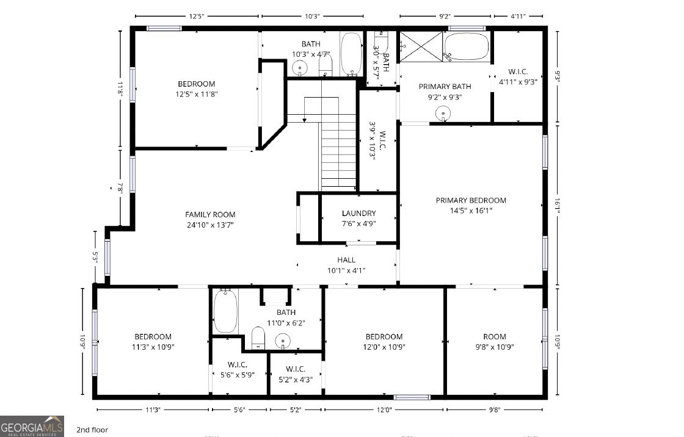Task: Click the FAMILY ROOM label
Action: click(210, 214)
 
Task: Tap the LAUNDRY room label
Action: click(358, 213)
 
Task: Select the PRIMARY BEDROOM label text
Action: click(471, 200)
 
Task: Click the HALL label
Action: click(346, 260)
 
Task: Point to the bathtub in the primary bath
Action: click(467, 46)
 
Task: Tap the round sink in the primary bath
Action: click(443, 113)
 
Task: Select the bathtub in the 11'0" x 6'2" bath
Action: click(225, 311)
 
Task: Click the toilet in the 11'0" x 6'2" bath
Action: click(258, 338)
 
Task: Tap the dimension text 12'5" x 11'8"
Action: click(197, 94)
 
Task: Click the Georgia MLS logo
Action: click(32, 426)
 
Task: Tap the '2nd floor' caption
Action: click(92, 430)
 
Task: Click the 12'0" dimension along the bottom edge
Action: click(384, 410)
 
